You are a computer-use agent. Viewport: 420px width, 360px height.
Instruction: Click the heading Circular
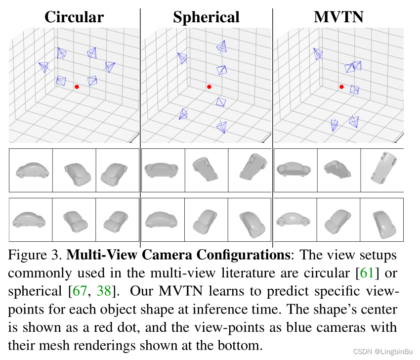pyautogui.click(x=74, y=17)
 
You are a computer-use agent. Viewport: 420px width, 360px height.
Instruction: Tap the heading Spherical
pyautogui.click(x=206, y=18)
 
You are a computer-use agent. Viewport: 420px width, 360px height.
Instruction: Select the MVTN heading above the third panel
pyautogui.click(x=338, y=17)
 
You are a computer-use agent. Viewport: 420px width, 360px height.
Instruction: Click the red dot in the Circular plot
pyautogui.click(x=77, y=87)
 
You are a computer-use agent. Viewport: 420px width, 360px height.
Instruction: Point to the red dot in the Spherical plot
pyautogui.click(x=209, y=87)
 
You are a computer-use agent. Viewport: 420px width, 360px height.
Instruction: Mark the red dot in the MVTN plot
pyautogui.click(x=341, y=87)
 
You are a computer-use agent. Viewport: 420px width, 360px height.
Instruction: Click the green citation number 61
pyautogui.click(x=367, y=273)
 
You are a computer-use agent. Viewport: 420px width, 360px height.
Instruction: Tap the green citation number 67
pyautogui.click(x=80, y=291)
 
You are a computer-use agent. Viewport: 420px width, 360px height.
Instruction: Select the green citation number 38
pyautogui.click(x=104, y=291)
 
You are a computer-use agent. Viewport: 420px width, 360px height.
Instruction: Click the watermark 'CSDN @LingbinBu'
pyautogui.click(x=383, y=352)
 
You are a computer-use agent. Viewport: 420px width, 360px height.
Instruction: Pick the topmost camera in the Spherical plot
pyautogui.click(x=221, y=47)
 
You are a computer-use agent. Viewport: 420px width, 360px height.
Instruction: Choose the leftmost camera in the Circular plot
pyautogui.click(x=44, y=67)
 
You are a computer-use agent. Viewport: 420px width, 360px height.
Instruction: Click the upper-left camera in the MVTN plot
pyautogui.click(x=318, y=53)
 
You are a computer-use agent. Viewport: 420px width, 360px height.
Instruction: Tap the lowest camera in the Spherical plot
pyautogui.click(x=222, y=126)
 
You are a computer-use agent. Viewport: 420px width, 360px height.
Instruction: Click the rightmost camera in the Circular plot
pyautogui.click(x=109, y=67)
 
